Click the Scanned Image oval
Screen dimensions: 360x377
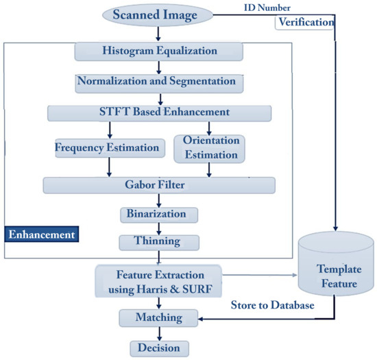[160, 13]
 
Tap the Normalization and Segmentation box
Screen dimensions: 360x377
[159, 82]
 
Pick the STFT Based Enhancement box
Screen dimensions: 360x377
[159, 112]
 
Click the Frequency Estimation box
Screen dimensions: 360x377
[109, 146]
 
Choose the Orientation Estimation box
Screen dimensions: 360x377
[210, 149]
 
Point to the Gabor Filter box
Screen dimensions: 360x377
[159, 185]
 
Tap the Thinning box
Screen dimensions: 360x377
[159, 242]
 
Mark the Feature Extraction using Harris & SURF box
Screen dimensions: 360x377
[160, 280]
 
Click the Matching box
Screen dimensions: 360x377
[159, 317]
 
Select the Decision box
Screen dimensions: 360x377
[159, 348]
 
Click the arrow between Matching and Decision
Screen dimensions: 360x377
[159, 333]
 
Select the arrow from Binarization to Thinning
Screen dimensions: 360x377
[159, 228]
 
